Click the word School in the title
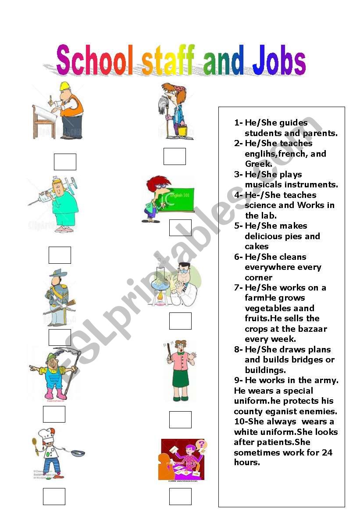(x=95, y=60)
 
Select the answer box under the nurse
(x=60, y=255)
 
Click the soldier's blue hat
(x=58, y=273)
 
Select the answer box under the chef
(x=54, y=497)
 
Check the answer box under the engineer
(x=65, y=162)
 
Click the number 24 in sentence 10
(x=327, y=452)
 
